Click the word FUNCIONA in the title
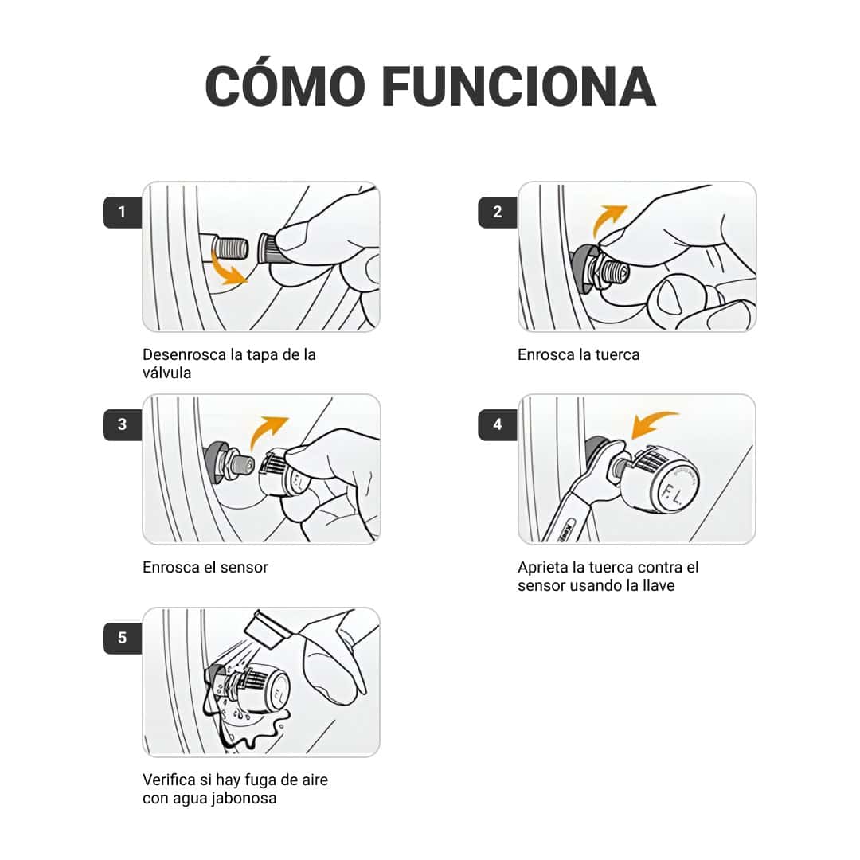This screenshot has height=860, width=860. point(518,86)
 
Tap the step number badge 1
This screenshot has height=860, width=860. point(122,212)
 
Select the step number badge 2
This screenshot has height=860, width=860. point(498,212)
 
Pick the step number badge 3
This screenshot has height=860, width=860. point(122,424)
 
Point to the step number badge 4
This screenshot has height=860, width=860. point(498,424)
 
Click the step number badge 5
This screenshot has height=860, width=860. point(122,638)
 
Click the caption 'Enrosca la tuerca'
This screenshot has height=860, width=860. point(578,355)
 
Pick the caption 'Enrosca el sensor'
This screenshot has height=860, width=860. point(205,568)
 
